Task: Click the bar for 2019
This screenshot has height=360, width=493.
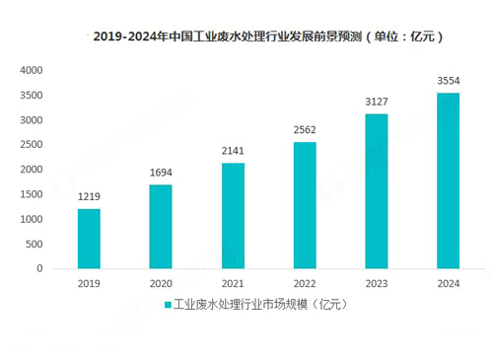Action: tap(89, 239)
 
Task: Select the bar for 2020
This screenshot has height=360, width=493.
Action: tap(161, 227)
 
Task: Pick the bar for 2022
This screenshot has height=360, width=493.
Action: tap(304, 205)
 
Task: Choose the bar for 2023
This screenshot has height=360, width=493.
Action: tap(376, 191)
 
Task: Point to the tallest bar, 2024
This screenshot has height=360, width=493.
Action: tap(448, 180)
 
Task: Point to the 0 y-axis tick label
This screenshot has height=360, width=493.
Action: tap(39, 268)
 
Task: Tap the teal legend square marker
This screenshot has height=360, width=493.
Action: tap(167, 305)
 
